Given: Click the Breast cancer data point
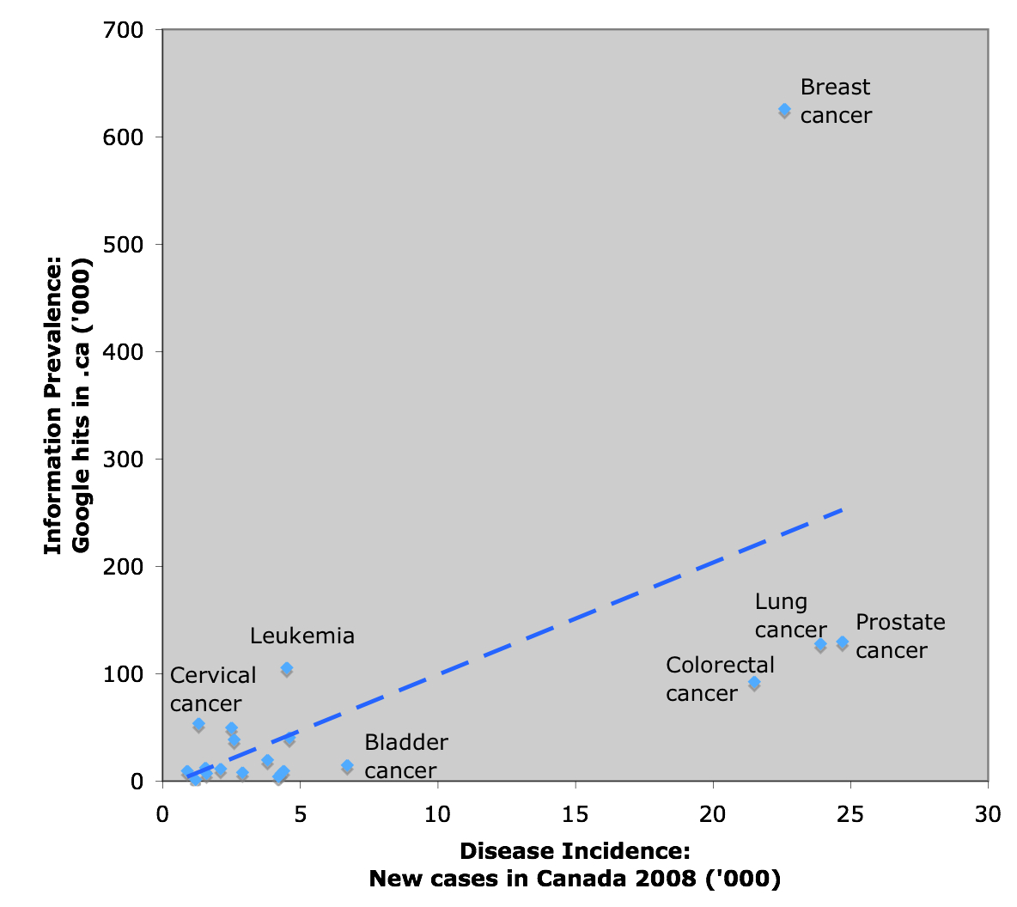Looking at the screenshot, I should point(784,110).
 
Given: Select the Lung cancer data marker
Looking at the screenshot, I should point(820,644).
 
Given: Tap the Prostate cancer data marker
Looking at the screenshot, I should point(843,642).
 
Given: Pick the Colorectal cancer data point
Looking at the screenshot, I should point(754,683).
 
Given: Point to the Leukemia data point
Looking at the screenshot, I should point(287,668).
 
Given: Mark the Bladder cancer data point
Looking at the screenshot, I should point(347,766).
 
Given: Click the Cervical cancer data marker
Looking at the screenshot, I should point(198,725).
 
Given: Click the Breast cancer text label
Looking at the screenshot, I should point(835,101).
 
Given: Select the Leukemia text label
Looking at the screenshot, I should point(301,636).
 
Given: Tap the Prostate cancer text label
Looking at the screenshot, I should point(899,636).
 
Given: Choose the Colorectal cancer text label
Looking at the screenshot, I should point(720,679).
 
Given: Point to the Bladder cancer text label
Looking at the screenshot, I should point(405,757).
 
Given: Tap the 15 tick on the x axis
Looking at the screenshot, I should point(575,814).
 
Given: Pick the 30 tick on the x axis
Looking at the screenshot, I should point(988,814).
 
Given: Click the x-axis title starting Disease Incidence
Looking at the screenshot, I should point(575,865).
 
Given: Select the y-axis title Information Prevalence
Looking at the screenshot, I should point(67,405).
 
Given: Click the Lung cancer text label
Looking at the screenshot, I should point(789,616).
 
